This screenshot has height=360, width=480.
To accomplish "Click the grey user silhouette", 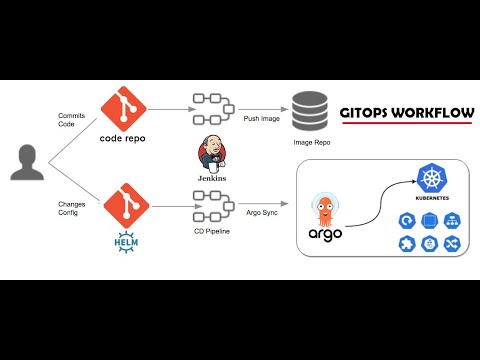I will (x=27, y=162).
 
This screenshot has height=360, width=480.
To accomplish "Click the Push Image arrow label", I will (x=259, y=117).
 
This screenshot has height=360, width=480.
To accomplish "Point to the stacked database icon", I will (x=309, y=111).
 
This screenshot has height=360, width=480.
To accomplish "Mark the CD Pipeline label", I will (x=211, y=232).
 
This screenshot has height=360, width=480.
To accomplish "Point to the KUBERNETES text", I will (x=431, y=198).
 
